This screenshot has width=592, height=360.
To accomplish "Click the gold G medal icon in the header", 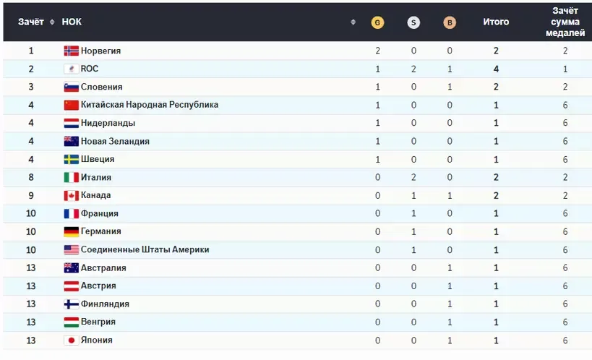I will [x=377, y=22].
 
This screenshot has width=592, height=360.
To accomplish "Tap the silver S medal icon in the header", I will [x=413, y=22].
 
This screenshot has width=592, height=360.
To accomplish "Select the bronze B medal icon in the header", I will [x=450, y=22].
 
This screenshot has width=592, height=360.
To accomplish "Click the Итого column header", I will [x=496, y=22].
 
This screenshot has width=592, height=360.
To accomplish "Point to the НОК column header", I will [x=72, y=22].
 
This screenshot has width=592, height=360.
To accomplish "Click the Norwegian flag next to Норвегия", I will [x=71, y=51].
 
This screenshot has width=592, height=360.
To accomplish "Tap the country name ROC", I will [x=90, y=69].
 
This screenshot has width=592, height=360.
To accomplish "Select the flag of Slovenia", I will [x=71, y=87].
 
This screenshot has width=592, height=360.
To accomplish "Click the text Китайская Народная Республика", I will [x=150, y=105].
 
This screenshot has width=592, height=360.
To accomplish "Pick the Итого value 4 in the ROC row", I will [x=496, y=69].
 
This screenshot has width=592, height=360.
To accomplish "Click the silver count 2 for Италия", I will [x=413, y=178].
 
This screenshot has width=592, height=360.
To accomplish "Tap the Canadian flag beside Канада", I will [x=71, y=196].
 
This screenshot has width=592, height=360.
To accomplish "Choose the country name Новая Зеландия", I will [x=115, y=142].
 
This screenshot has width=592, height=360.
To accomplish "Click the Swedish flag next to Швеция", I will [x=71, y=160].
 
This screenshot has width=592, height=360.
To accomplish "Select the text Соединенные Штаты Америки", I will [x=145, y=250].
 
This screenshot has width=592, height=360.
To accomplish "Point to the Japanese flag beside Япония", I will [x=71, y=340].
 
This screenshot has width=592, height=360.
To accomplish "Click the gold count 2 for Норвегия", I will [x=377, y=51].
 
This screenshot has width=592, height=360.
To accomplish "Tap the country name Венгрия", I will [x=98, y=322].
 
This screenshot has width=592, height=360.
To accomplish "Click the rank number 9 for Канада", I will [x=31, y=196].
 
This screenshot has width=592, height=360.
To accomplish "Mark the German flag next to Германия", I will [x=71, y=232].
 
